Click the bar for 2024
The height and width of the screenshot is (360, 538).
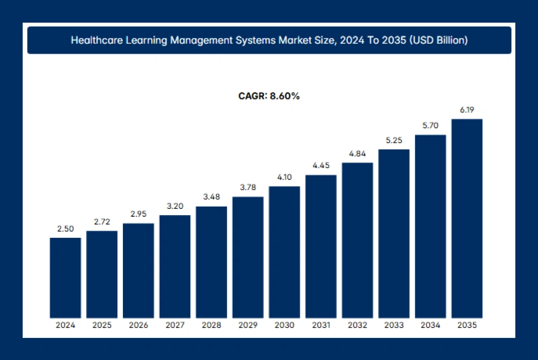[65, 277]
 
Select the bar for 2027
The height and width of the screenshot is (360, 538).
[175, 266]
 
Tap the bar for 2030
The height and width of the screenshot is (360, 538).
[284, 252]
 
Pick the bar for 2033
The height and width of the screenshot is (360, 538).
[394, 233]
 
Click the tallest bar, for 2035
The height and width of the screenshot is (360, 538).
[467, 218]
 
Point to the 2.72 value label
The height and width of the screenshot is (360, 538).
[102, 221]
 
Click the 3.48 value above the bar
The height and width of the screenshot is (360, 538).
[211, 197]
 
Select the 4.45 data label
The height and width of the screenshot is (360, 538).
[321, 165]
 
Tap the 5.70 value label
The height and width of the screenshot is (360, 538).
[430, 126]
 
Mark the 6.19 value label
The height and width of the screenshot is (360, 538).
[467, 110]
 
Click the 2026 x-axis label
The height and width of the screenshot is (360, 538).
[138, 325]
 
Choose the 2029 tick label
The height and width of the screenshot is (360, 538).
[247, 325]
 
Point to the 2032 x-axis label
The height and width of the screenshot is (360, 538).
[357, 325]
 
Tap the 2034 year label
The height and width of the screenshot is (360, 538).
[430, 325]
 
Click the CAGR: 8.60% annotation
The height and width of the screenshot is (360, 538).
[269, 96]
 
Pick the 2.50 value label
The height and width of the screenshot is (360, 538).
[65, 228]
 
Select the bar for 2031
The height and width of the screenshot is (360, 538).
[321, 246]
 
